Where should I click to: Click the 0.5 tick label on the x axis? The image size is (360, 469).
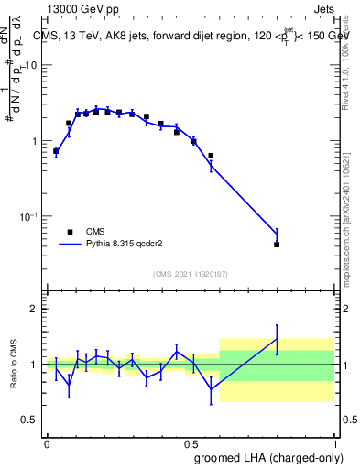pyautogui.click(x=191, y=442)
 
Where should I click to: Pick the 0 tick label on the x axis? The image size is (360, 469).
pyautogui.click(x=47, y=442)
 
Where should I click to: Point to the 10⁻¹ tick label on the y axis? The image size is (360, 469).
pyautogui.click(x=29, y=216)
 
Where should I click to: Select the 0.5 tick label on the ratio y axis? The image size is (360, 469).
pyautogui.click(x=31, y=420)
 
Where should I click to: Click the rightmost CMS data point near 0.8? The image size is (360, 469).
pyautogui.click(x=277, y=245)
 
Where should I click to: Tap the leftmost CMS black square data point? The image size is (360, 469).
pyautogui.click(x=56, y=151)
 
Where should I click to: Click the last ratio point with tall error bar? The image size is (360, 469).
pyautogui.click(x=277, y=339)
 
